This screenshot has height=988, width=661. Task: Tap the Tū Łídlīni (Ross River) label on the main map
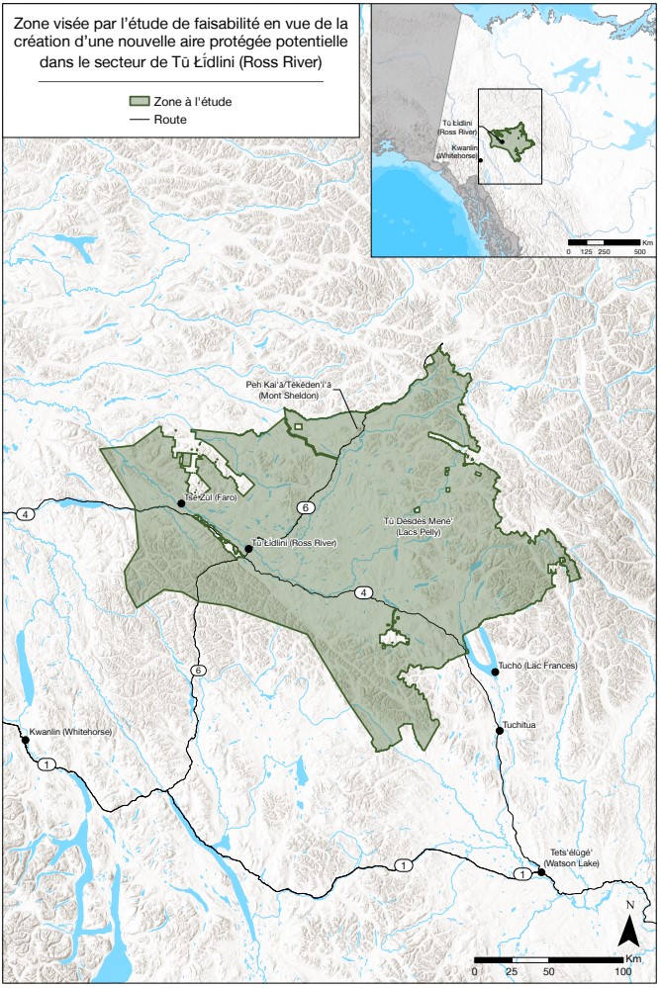coord(294,543)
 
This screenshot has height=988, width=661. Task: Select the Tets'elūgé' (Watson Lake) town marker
coord(541,872)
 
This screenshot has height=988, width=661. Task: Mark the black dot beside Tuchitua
coord(500,731)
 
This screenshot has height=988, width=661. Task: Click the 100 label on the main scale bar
coord(622,973)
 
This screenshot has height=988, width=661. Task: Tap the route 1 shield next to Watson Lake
coord(521,873)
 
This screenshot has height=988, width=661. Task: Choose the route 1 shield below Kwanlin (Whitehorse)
coord(46,763)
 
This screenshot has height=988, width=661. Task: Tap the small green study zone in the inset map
coord(512,135)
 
